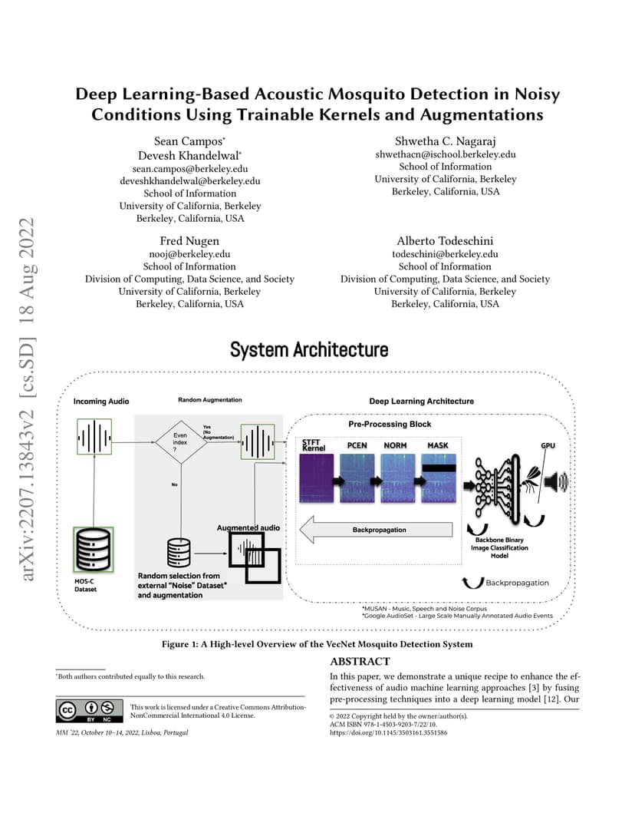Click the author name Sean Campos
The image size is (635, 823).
[x=188, y=141]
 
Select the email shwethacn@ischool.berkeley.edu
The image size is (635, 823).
[x=445, y=154]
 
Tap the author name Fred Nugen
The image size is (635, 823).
[x=189, y=241]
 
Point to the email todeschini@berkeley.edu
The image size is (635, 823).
[x=445, y=254]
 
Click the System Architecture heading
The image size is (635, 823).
[x=309, y=349]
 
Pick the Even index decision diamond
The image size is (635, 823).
[x=180, y=442]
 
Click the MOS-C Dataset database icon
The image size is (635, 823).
[x=94, y=550]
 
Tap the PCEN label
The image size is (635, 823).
[x=357, y=445]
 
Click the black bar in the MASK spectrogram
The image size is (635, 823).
[x=439, y=468]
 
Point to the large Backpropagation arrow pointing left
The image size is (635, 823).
[x=376, y=530]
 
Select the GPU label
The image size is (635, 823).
[x=548, y=445]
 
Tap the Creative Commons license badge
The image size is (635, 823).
[x=90, y=711]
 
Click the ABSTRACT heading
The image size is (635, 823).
[x=360, y=661]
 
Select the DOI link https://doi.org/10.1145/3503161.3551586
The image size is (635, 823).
[x=389, y=732]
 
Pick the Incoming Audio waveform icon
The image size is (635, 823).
[x=94, y=436]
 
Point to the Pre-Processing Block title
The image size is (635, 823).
[x=390, y=424]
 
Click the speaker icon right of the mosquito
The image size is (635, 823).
[x=556, y=481]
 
